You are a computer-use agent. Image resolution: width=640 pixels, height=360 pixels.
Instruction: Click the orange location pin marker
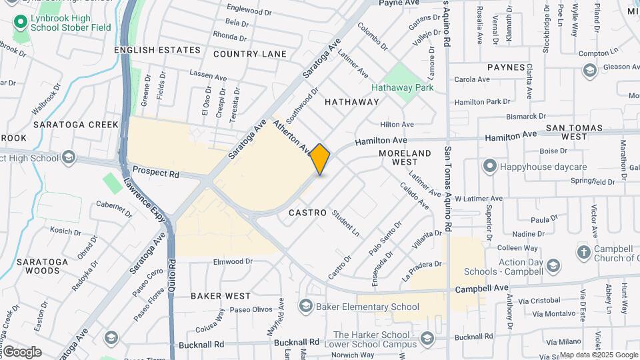[320, 159]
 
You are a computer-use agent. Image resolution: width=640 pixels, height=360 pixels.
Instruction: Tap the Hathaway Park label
[402, 87]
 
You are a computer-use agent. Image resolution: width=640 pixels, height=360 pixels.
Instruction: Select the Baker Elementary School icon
[305, 306]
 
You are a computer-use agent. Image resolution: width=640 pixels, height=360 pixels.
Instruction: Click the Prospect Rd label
[156, 171]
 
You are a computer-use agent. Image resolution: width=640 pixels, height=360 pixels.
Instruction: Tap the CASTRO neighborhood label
[308, 213]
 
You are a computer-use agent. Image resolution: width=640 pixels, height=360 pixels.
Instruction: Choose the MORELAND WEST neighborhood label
[405, 157]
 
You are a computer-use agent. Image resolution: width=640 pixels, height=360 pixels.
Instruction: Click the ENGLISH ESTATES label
[157, 50]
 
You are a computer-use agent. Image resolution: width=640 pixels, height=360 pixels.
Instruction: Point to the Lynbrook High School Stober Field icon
[20, 23]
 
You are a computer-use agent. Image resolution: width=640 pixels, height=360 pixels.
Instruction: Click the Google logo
[22, 352]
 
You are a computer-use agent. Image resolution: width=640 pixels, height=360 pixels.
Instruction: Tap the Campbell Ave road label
[482, 288]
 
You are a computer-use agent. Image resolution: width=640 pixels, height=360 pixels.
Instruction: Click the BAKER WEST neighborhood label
[221, 295]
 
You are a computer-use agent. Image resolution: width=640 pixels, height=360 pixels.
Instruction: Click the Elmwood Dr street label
[233, 262]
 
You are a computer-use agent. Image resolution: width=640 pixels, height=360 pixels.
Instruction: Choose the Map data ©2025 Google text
[598, 355]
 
